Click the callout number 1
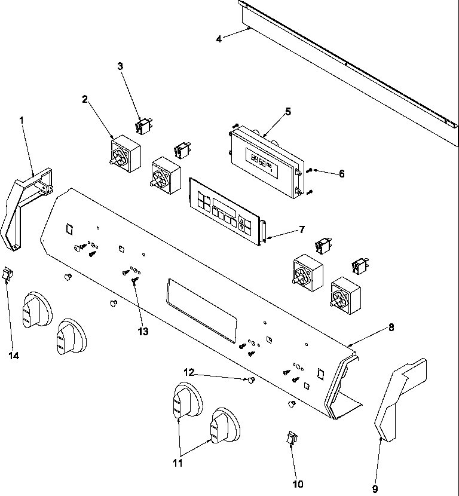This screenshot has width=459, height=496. tap(22, 120)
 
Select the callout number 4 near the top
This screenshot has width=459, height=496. tap(219, 39)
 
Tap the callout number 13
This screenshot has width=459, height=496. tap(143, 330)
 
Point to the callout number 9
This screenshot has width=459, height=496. tap(375, 488)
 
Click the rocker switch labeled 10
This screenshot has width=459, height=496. tap(292, 439)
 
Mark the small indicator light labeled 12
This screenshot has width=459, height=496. tap(252, 380)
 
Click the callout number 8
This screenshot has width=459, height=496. tap(391, 327)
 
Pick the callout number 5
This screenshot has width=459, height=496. tap(288, 111)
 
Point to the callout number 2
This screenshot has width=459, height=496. tap(85, 99)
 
